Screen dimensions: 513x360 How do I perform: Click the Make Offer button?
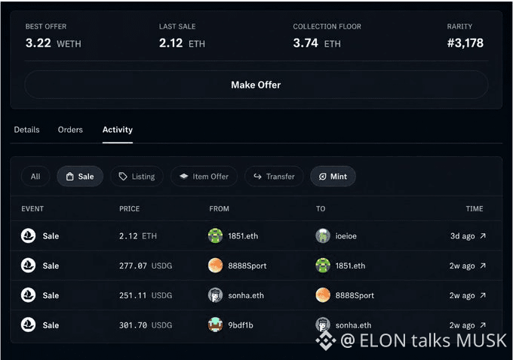256,85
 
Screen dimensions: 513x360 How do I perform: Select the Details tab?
26,130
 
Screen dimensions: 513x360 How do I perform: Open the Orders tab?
70,130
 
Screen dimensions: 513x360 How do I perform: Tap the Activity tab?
118,130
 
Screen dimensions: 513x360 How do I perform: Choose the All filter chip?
35,177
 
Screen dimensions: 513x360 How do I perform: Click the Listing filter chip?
137,177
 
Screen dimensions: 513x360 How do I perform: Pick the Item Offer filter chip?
204,177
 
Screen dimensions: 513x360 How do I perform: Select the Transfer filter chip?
274,177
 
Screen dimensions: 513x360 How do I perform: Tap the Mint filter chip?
333,177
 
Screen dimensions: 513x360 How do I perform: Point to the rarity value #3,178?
465,43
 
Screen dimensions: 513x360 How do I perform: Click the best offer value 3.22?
38,43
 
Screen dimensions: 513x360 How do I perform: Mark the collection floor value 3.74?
306,43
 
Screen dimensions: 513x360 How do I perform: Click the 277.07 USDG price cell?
146,266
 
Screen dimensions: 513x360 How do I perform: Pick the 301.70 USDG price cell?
146,325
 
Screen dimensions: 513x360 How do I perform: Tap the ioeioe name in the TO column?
346,236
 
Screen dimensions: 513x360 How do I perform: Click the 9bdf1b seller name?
241,325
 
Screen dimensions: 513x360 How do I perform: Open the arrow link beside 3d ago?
483,235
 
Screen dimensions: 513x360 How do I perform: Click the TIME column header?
475,209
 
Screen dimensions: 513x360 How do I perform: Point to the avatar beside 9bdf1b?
215,325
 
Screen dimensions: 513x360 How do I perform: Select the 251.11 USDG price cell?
146,296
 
